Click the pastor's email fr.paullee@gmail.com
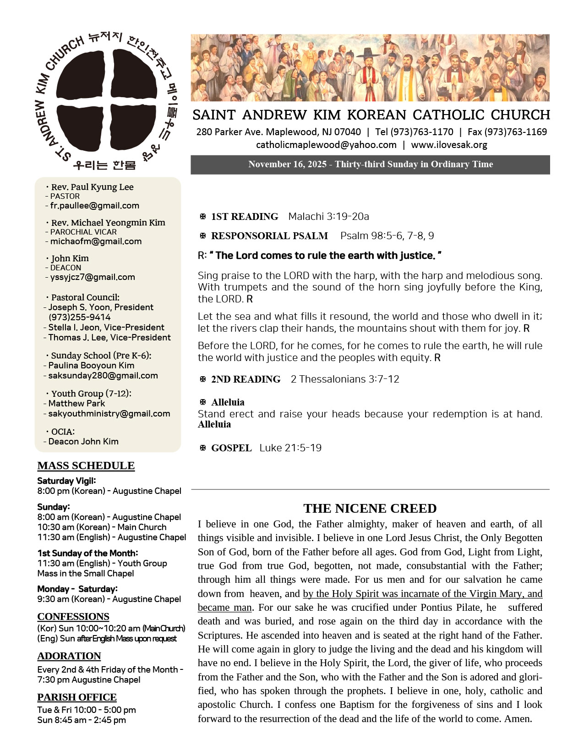tap(94, 206)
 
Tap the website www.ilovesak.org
tap(449, 145)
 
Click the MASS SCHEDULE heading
tap(86, 466)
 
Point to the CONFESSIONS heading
tap(73, 616)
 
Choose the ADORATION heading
tap(69, 656)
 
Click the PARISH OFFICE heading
tap(77, 697)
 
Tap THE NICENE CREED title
tap(370, 509)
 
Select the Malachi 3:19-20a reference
tap(328, 216)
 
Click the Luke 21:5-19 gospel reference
tap(290, 448)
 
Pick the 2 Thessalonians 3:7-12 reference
tap(345, 379)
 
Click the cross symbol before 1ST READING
tap(203, 216)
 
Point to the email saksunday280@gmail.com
tap(103, 375)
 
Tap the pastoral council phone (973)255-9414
tap(79, 317)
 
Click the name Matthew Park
tap(76, 403)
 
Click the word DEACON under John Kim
tap(65, 268)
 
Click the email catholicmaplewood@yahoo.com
tap(326, 145)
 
